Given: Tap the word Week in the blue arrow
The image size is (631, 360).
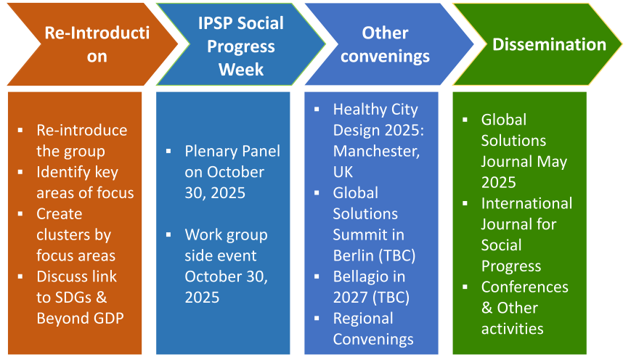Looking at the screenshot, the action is pyautogui.click(x=241, y=70).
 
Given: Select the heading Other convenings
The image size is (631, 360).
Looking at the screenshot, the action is pyautogui.click(x=385, y=45).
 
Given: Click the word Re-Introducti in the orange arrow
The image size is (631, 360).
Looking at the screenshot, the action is pyautogui.click(x=97, y=33).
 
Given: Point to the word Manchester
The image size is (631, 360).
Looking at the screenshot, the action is pyautogui.click(x=376, y=151).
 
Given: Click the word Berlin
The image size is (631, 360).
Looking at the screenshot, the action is pyautogui.click(x=354, y=255).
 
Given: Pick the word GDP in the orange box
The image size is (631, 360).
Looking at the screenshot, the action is pyautogui.click(x=109, y=319).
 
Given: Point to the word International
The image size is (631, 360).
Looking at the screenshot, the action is pyautogui.click(x=526, y=203).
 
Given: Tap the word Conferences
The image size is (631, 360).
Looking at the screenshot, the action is pyautogui.click(x=525, y=287).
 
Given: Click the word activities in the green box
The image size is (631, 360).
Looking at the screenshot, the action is pyautogui.click(x=513, y=329).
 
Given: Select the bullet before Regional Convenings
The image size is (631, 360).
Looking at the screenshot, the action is pyautogui.click(x=317, y=318).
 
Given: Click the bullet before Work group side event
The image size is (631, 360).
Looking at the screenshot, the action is pyautogui.click(x=168, y=234).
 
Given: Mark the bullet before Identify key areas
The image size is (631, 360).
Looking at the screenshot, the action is pyautogui.click(x=20, y=172).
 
